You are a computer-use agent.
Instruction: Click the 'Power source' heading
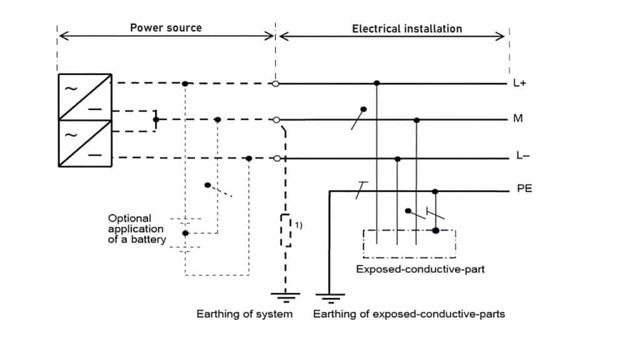point(166,28)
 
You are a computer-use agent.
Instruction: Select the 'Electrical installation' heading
point(407,29)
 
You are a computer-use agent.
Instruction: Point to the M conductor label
point(517,119)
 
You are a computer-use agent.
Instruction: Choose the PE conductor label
point(524,188)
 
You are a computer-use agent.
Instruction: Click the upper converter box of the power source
point(85,97)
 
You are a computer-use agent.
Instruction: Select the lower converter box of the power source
point(85,143)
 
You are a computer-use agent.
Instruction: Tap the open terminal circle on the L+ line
point(275,83)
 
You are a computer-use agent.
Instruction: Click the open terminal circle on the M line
point(276,119)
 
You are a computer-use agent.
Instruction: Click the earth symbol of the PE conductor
point(329,296)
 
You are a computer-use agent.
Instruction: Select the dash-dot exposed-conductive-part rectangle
point(409,244)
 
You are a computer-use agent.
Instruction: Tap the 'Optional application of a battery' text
point(137,229)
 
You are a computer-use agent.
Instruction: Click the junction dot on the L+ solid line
point(376,83)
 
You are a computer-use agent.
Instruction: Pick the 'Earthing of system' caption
point(244,314)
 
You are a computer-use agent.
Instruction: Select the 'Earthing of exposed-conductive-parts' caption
point(409,314)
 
